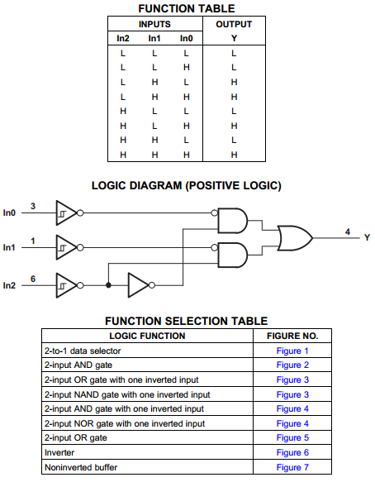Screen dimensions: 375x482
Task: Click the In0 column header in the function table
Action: [x=187, y=38]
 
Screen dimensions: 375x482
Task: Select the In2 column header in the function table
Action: [x=123, y=38]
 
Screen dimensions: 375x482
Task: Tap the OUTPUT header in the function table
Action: [x=234, y=24]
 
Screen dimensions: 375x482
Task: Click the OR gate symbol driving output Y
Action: [x=295, y=238]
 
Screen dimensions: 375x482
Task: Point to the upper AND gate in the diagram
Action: [x=232, y=221]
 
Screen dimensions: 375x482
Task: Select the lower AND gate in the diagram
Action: [x=232, y=255]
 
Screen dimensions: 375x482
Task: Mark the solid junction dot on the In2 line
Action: [x=108, y=285]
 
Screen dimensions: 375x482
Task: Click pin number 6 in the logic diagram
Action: [x=33, y=279]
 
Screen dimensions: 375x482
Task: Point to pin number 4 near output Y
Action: [x=348, y=231]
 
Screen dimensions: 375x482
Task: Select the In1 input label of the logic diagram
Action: [x=9, y=247]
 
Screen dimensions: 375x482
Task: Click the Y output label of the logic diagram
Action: [x=367, y=237]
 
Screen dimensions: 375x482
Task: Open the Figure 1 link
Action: [x=292, y=351]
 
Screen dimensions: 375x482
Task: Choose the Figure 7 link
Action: [x=292, y=467]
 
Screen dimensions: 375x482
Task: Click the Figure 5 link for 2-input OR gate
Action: [x=292, y=437]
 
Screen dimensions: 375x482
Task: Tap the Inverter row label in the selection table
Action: [x=59, y=452]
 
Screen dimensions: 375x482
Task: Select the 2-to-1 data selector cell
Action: [x=83, y=351]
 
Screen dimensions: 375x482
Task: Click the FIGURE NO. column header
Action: [x=292, y=336]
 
